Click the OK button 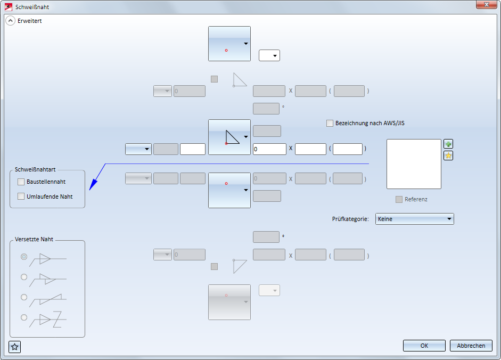click(x=424, y=346)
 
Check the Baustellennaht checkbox click(x=21, y=182)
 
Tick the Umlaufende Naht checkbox click(x=21, y=196)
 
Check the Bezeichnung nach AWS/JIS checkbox click(x=330, y=123)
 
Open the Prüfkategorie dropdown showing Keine click(x=415, y=219)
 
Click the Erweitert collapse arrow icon click(x=10, y=21)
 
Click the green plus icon click(x=448, y=144)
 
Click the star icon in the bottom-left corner click(x=15, y=347)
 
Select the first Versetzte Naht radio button click(x=24, y=257)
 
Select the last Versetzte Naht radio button click(x=24, y=317)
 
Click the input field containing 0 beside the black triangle click(x=269, y=149)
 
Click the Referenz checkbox click(x=399, y=199)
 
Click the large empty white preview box click(x=414, y=164)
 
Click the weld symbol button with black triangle click(x=229, y=137)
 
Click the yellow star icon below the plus click(x=448, y=156)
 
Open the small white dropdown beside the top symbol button click(x=269, y=55)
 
